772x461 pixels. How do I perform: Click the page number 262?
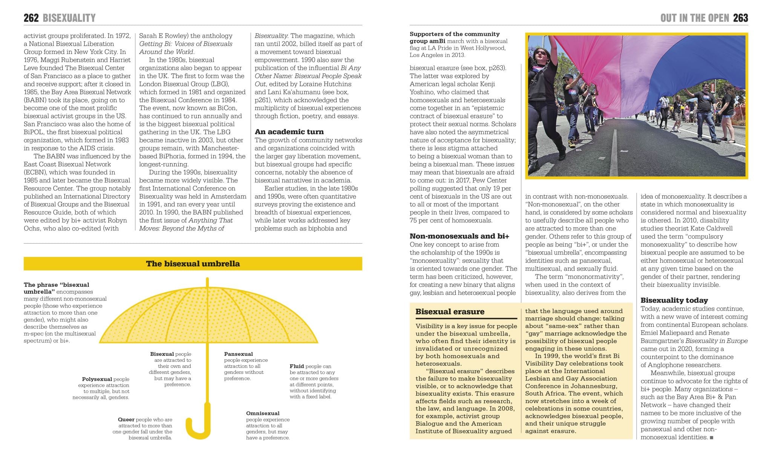(x=31, y=18)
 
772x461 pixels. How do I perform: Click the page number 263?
(x=740, y=18)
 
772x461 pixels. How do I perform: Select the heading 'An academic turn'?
(x=289, y=132)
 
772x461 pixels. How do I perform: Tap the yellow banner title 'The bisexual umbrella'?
(x=193, y=263)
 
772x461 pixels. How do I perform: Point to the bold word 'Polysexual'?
(x=97, y=379)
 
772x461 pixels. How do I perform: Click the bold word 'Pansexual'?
(x=238, y=354)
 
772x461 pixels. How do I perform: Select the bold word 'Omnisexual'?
(x=263, y=413)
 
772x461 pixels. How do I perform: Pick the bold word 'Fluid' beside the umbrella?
(x=297, y=366)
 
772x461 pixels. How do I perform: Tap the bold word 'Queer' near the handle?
(x=126, y=420)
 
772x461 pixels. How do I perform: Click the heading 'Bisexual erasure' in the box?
(x=450, y=312)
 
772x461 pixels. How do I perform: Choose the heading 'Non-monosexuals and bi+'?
(x=459, y=236)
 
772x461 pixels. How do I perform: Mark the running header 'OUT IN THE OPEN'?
(x=694, y=18)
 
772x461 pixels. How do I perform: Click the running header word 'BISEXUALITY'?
(x=69, y=18)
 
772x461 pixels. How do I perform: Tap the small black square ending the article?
(x=711, y=438)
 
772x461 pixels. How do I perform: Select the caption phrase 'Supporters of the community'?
(x=454, y=34)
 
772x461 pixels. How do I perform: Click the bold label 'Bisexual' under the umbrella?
(x=162, y=354)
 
